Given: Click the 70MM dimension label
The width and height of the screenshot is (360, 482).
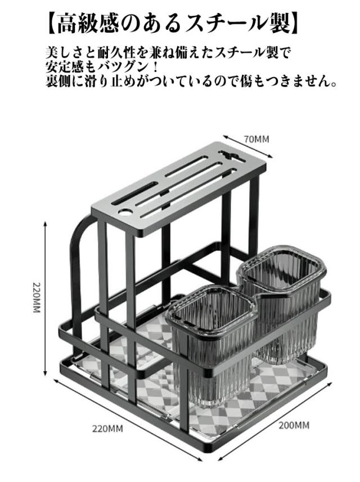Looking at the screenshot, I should (x=256, y=139).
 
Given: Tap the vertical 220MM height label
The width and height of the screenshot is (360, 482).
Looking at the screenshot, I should (x=35, y=298).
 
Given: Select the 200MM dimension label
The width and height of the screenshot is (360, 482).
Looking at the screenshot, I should (x=294, y=425).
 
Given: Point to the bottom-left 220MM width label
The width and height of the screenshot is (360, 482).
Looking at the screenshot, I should (x=107, y=429).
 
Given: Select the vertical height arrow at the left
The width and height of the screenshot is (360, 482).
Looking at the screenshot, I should (x=46, y=298).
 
